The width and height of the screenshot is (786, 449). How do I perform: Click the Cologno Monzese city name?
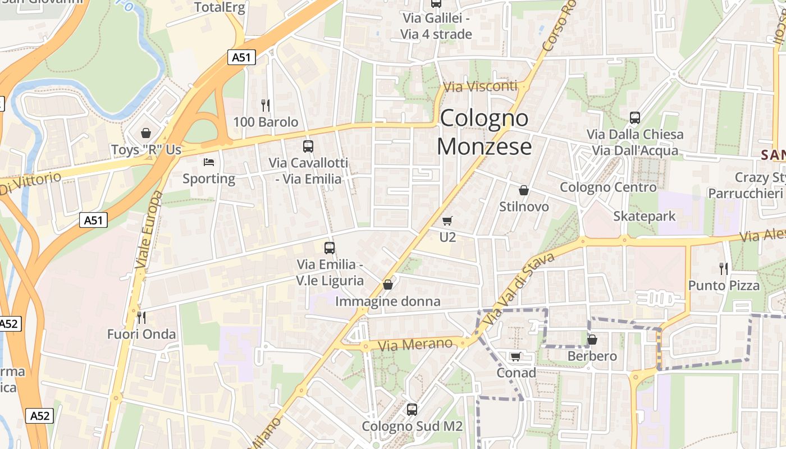pos(484,132)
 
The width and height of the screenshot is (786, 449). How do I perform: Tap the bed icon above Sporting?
pos(209,162)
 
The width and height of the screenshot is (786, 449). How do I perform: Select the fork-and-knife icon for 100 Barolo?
pos(266,105)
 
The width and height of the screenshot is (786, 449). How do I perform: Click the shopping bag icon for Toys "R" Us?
pos(146,133)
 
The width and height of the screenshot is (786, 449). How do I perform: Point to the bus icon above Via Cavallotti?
pos(308,146)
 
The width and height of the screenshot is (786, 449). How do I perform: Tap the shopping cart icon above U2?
pos(447,221)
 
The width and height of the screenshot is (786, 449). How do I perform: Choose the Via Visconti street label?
pos(480,86)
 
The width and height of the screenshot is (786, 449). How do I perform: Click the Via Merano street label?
pos(415,344)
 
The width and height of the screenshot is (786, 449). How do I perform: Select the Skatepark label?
pos(645,216)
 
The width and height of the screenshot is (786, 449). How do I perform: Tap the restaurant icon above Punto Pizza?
pos(724,269)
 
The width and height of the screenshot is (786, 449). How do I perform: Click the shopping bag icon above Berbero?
pos(592,340)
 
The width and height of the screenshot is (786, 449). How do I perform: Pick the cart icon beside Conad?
pos(515,356)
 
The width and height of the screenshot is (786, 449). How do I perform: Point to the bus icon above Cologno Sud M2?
pos(412,409)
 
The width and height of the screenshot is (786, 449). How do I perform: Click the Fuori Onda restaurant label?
pos(141,335)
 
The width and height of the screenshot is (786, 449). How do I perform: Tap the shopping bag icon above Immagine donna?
pos(387,285)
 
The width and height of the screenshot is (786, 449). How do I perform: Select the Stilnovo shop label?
pos(524,207)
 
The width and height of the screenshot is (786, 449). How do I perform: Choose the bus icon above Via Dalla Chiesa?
pos(635,118)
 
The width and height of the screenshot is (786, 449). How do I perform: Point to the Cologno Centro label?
pos(608,187)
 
